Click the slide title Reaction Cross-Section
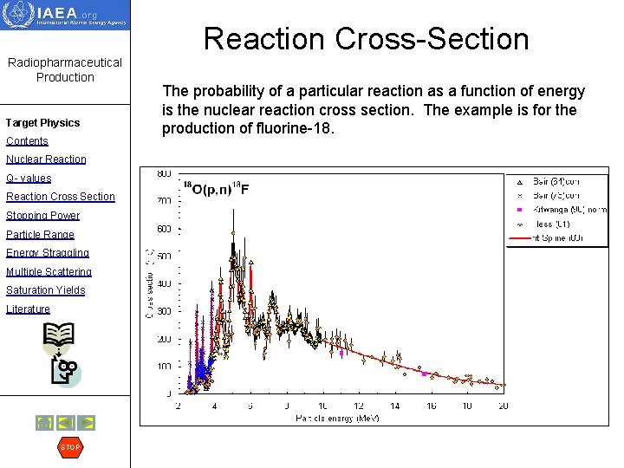coord(366,39)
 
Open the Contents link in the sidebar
coord(27,141)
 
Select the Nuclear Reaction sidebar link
coord(46,159)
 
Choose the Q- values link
coord(29,179)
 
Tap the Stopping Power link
coord(42,216)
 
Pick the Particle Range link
coord(40,235)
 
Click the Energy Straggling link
coord(47,253)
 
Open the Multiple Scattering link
coord(49,272)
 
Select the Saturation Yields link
coord(45,290)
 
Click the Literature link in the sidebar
coord(28,309)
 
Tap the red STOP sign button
coord(69,447)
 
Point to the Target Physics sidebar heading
coord(42,123)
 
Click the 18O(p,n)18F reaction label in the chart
coord(216,190)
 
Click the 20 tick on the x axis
coord(503,406)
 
